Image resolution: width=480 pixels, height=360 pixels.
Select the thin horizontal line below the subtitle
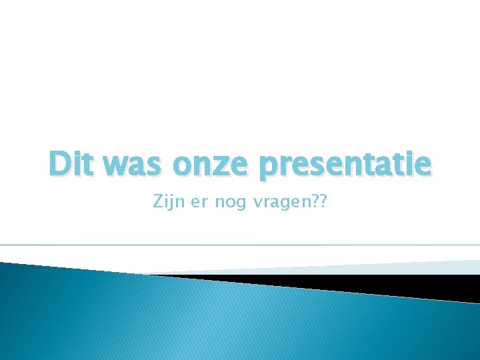240,245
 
